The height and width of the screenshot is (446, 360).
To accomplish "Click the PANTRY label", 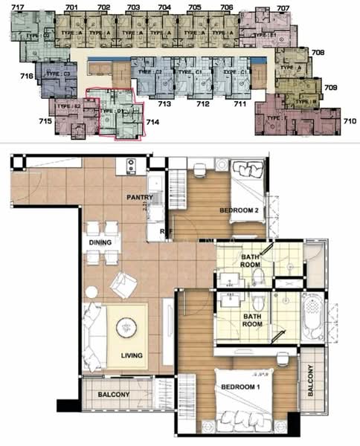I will click(140, 198).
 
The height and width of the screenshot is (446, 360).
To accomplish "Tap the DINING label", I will click(100, 243).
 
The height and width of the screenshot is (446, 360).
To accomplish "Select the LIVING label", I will click(131, 357).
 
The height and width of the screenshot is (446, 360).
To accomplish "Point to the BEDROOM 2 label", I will click(239, 210).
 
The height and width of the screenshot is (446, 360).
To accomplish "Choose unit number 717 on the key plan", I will click(18, 7).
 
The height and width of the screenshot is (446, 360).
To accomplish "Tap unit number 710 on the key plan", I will click(349, 119).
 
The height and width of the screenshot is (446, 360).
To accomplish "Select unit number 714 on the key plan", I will click(152, 121).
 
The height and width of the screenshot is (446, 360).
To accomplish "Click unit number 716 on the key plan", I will click(26, 76).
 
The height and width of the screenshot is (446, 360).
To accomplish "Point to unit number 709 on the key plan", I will click(331, 88).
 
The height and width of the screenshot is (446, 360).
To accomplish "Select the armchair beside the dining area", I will click(123, 284).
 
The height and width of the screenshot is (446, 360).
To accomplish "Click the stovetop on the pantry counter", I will click(131, 164).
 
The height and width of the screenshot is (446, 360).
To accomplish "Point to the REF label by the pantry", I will click(165, 231).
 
